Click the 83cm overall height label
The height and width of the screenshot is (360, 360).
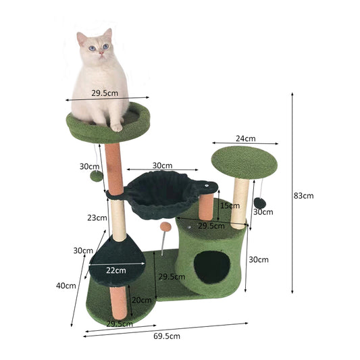pyautogui.click(x=303, y=196)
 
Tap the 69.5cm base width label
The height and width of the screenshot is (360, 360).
pyautogui.click(x=167, y=336)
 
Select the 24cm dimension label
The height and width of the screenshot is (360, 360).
pyautogui.click(x=245, y=138)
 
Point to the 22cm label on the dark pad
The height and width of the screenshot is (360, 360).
pyautogui.click(x=116, y=270)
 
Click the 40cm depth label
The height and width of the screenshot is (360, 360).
pyautogui.click(x=66, y=286)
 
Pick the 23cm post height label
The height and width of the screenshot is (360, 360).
pyautogui.click(x=97, y=217)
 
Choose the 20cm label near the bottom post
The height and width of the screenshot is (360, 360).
pyautogui.click(x=141, y=300)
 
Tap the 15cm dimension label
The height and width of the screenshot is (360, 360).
pyautogui.click(x=230, y=205)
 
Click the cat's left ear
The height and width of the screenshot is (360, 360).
pyautogui.click(x=81, y=38)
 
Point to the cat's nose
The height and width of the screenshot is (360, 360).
pyautogui.click(x=101, y=53)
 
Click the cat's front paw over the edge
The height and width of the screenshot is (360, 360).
pyautogui.click(x=117, y=128)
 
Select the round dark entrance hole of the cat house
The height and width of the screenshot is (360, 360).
pyautogui.click(x=211, y=267)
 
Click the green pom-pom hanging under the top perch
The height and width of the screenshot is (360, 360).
pyautogui.click(x=97, y=176)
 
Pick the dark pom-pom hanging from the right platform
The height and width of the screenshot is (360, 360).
pyautogui.click(x=260, y=203)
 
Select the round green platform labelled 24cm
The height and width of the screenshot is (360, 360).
pyautogui.click(x=245, y=162)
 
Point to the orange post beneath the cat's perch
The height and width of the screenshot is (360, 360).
pyautogui.click(x=114, y=170)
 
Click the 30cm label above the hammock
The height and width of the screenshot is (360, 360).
pyautogui.click(x=162, y=165)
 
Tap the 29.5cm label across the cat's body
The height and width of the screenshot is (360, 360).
pyautogui.click(x=105, y=93)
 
